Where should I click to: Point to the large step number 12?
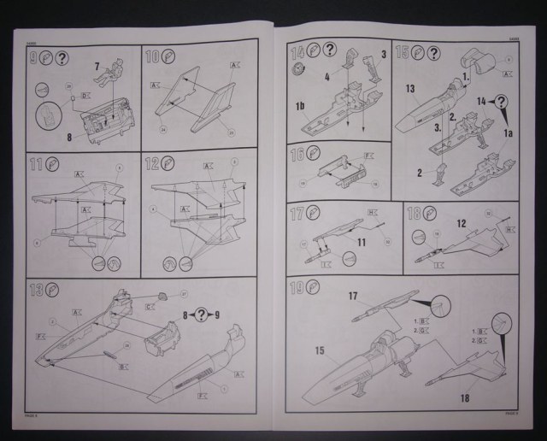[152, 162]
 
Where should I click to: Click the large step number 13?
[34, 288]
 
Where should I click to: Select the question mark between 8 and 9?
[201, 314]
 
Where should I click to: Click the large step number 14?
[297, 52]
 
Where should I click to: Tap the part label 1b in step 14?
[301, 107]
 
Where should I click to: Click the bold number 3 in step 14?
[384, 55]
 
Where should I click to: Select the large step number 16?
[297, 155]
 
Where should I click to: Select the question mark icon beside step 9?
[63, 59]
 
